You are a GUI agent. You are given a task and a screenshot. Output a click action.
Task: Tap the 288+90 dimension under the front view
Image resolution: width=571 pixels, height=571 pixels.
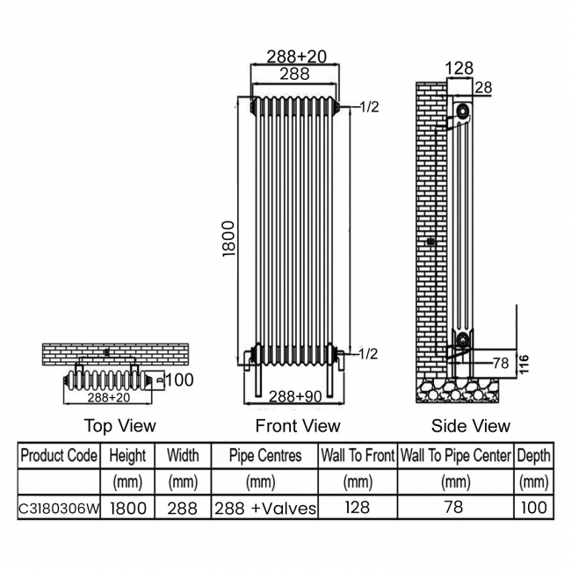click(x=294, y=395)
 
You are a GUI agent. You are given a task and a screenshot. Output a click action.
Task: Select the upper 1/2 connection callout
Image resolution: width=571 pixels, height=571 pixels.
click(x=369, y=106)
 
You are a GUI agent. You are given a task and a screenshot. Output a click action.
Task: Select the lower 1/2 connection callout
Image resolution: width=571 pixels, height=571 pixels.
click(x=369, y=353)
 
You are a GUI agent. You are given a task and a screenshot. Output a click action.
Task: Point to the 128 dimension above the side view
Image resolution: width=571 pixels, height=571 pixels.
click(x=459, y=68)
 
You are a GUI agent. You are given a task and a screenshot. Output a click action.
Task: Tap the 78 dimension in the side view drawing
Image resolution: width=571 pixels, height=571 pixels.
click(x=500, y=362)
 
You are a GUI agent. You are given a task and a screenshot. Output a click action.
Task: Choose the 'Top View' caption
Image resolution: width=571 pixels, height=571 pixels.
click(x=119, y=426)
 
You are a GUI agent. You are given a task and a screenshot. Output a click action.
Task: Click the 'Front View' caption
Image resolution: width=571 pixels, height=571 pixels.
click(x=297, y=426)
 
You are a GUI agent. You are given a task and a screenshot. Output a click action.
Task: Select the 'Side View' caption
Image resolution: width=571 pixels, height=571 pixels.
click(x=470, y=426)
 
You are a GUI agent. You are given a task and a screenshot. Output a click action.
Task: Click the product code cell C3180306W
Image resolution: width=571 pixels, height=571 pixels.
click(x=58, y=508)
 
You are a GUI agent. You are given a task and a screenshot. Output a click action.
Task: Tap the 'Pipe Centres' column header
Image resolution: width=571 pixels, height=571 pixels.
click(x=264, y=456)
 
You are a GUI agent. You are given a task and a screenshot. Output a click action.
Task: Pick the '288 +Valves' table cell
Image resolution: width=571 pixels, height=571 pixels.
click(x=264, y=508)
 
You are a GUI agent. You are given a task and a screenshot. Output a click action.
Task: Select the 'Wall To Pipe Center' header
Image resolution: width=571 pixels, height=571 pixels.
click(x=455, y=456)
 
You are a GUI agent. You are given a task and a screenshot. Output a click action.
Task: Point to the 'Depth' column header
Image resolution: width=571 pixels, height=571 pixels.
click(x=533, y=456)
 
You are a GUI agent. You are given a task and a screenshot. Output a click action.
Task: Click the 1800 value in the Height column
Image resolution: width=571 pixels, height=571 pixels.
click(x=128, y=508)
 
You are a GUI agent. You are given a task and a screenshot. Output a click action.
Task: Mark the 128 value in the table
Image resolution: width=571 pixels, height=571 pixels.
click(x=358, y=508)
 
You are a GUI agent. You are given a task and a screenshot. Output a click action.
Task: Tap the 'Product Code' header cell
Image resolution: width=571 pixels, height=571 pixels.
click(x=58, y=456)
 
